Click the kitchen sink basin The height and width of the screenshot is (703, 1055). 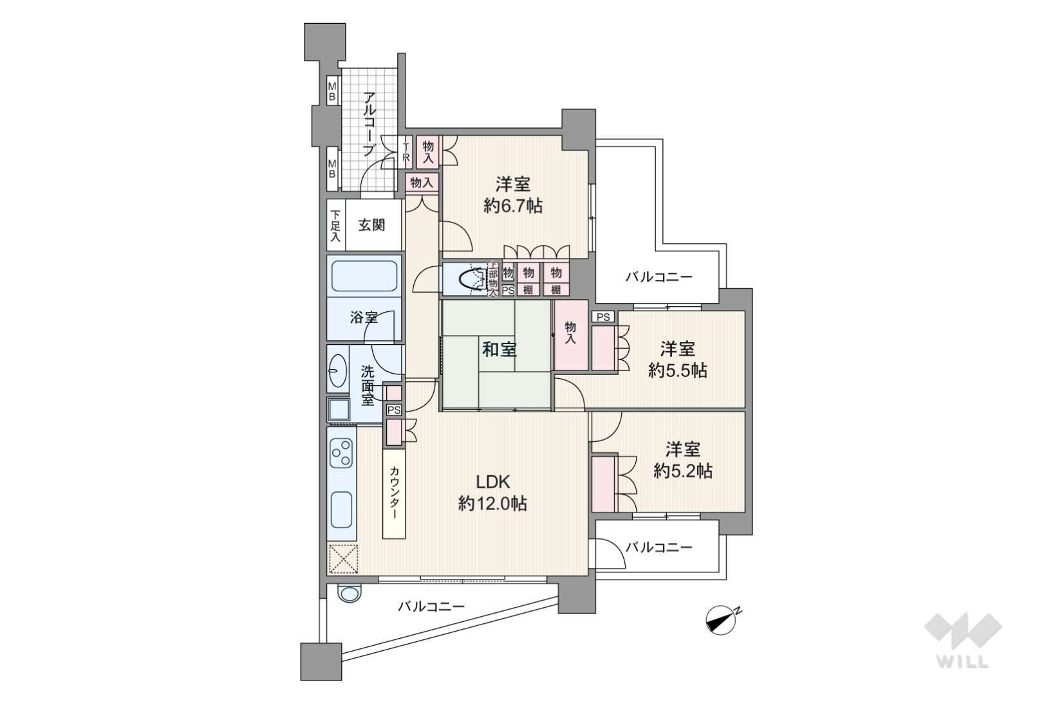[341, 509]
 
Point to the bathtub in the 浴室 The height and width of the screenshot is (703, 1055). [364, 276]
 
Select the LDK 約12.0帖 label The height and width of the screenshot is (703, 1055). [492, 493]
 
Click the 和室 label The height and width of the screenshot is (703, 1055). [499, 350]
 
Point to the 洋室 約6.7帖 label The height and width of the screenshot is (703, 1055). [513, 195]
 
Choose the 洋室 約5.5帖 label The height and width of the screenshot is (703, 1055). [677, 360]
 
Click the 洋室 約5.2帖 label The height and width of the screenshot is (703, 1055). [682, 460]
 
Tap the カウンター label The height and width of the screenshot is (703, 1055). [394, 493]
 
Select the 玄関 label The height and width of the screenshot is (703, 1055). [371, 225]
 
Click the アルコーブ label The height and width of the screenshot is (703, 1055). [369, 124]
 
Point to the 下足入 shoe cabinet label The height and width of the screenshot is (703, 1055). [335, 226]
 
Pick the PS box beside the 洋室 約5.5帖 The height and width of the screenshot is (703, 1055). [603, 317]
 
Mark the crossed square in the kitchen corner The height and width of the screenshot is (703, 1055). [343, 560]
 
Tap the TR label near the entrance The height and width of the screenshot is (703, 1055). [406, 152]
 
